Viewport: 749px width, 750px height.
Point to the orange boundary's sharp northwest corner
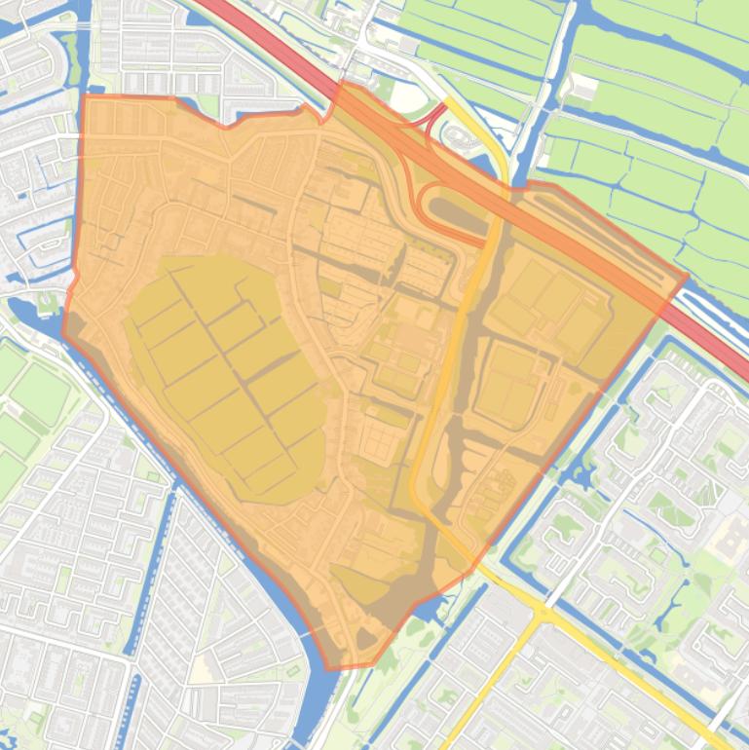click(x=85, y=95)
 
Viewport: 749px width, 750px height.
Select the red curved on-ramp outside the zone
click(x=431, y=118)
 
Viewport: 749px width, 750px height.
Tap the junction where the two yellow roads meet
click(x=539, y=612)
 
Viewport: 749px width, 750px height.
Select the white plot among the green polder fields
click(x=583, y=89)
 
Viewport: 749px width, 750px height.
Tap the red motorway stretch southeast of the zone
click(x=726, y=351)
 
